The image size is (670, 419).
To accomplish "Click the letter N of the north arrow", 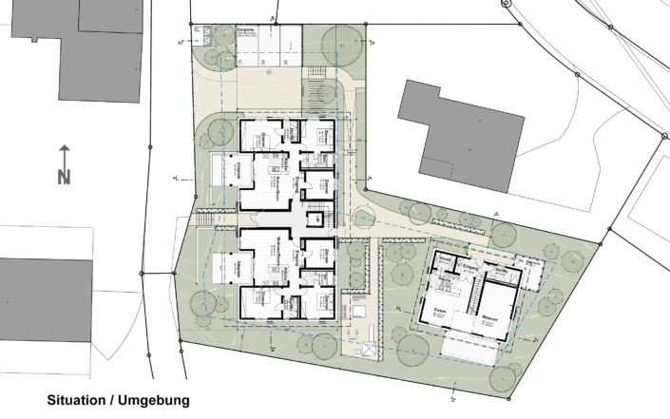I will tap(64, 176).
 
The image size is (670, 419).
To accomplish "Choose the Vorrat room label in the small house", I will tap(443, 269).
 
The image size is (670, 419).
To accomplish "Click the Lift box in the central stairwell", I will tap(316, 219).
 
